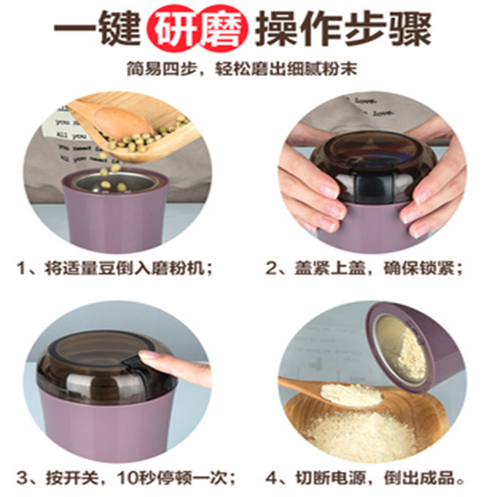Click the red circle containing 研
coord(173,29)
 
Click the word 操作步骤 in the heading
coord(344,29)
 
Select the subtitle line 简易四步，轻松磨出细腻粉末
coord(242,69)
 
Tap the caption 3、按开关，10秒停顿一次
coord(126,478)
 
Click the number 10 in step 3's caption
coord(127,478)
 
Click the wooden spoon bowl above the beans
coord(122,122)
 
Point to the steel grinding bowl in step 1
coord(116,182)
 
